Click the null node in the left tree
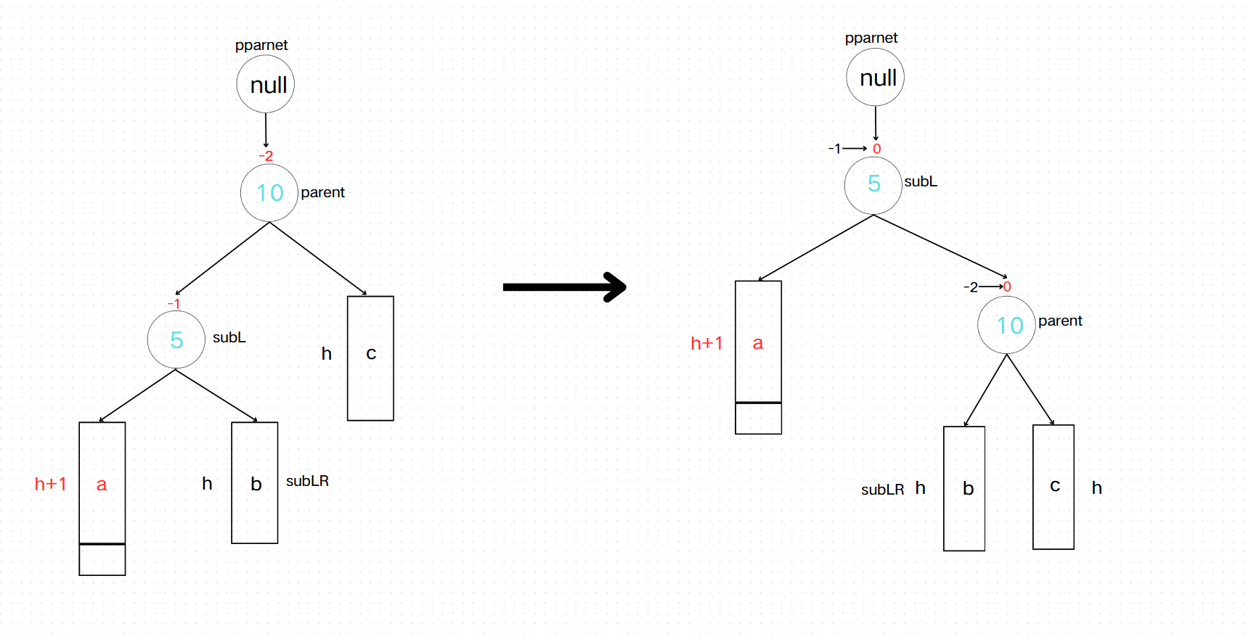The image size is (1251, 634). tap(266, 84)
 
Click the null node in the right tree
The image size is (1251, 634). tap(876, 77)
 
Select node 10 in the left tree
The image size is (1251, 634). tap(269, 193)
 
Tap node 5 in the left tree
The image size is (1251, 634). tap(176, 339)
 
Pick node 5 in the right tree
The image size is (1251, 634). tap(873, 185)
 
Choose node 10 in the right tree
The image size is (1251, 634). tap(1007, 325)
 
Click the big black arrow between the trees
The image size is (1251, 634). tap(564, 287)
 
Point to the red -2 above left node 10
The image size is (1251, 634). tap(266, 156)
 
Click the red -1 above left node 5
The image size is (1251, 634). tap(174, 303)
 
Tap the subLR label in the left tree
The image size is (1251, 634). tap(307, 481)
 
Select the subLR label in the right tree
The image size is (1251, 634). tap(882, 490)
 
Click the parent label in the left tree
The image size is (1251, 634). tap(322, 192)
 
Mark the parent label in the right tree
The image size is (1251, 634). tap(1060, 321)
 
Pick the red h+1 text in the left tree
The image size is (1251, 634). tap(50, 484)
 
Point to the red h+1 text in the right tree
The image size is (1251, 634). tap(706, 343)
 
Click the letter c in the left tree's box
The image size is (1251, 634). tap(371, 353)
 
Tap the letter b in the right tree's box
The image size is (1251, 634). tap(968, 488)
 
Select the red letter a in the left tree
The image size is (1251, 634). tap(102, 484)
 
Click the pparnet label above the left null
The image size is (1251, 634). tap(261, 45)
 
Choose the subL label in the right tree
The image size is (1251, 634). tap(921, 181)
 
